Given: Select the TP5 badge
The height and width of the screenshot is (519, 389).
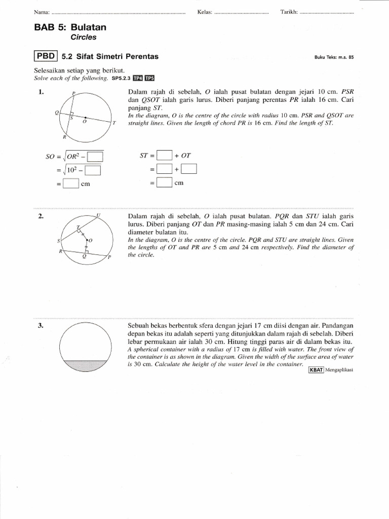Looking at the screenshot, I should (x=149, y=78).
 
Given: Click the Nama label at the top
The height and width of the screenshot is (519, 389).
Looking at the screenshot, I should (x=42, y=12).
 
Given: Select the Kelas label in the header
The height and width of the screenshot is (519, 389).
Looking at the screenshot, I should (x=204, y=12).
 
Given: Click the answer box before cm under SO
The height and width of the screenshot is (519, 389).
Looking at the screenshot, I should (x=71, y=183).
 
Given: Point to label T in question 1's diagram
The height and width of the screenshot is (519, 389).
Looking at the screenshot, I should (x=114, y=123).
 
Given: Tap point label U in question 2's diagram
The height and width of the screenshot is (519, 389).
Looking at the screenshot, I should (x=98, y=215).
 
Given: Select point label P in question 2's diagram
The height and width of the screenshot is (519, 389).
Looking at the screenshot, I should (x=109, y=258).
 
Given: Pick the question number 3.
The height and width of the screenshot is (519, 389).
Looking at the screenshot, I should (x=41, y=326).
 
